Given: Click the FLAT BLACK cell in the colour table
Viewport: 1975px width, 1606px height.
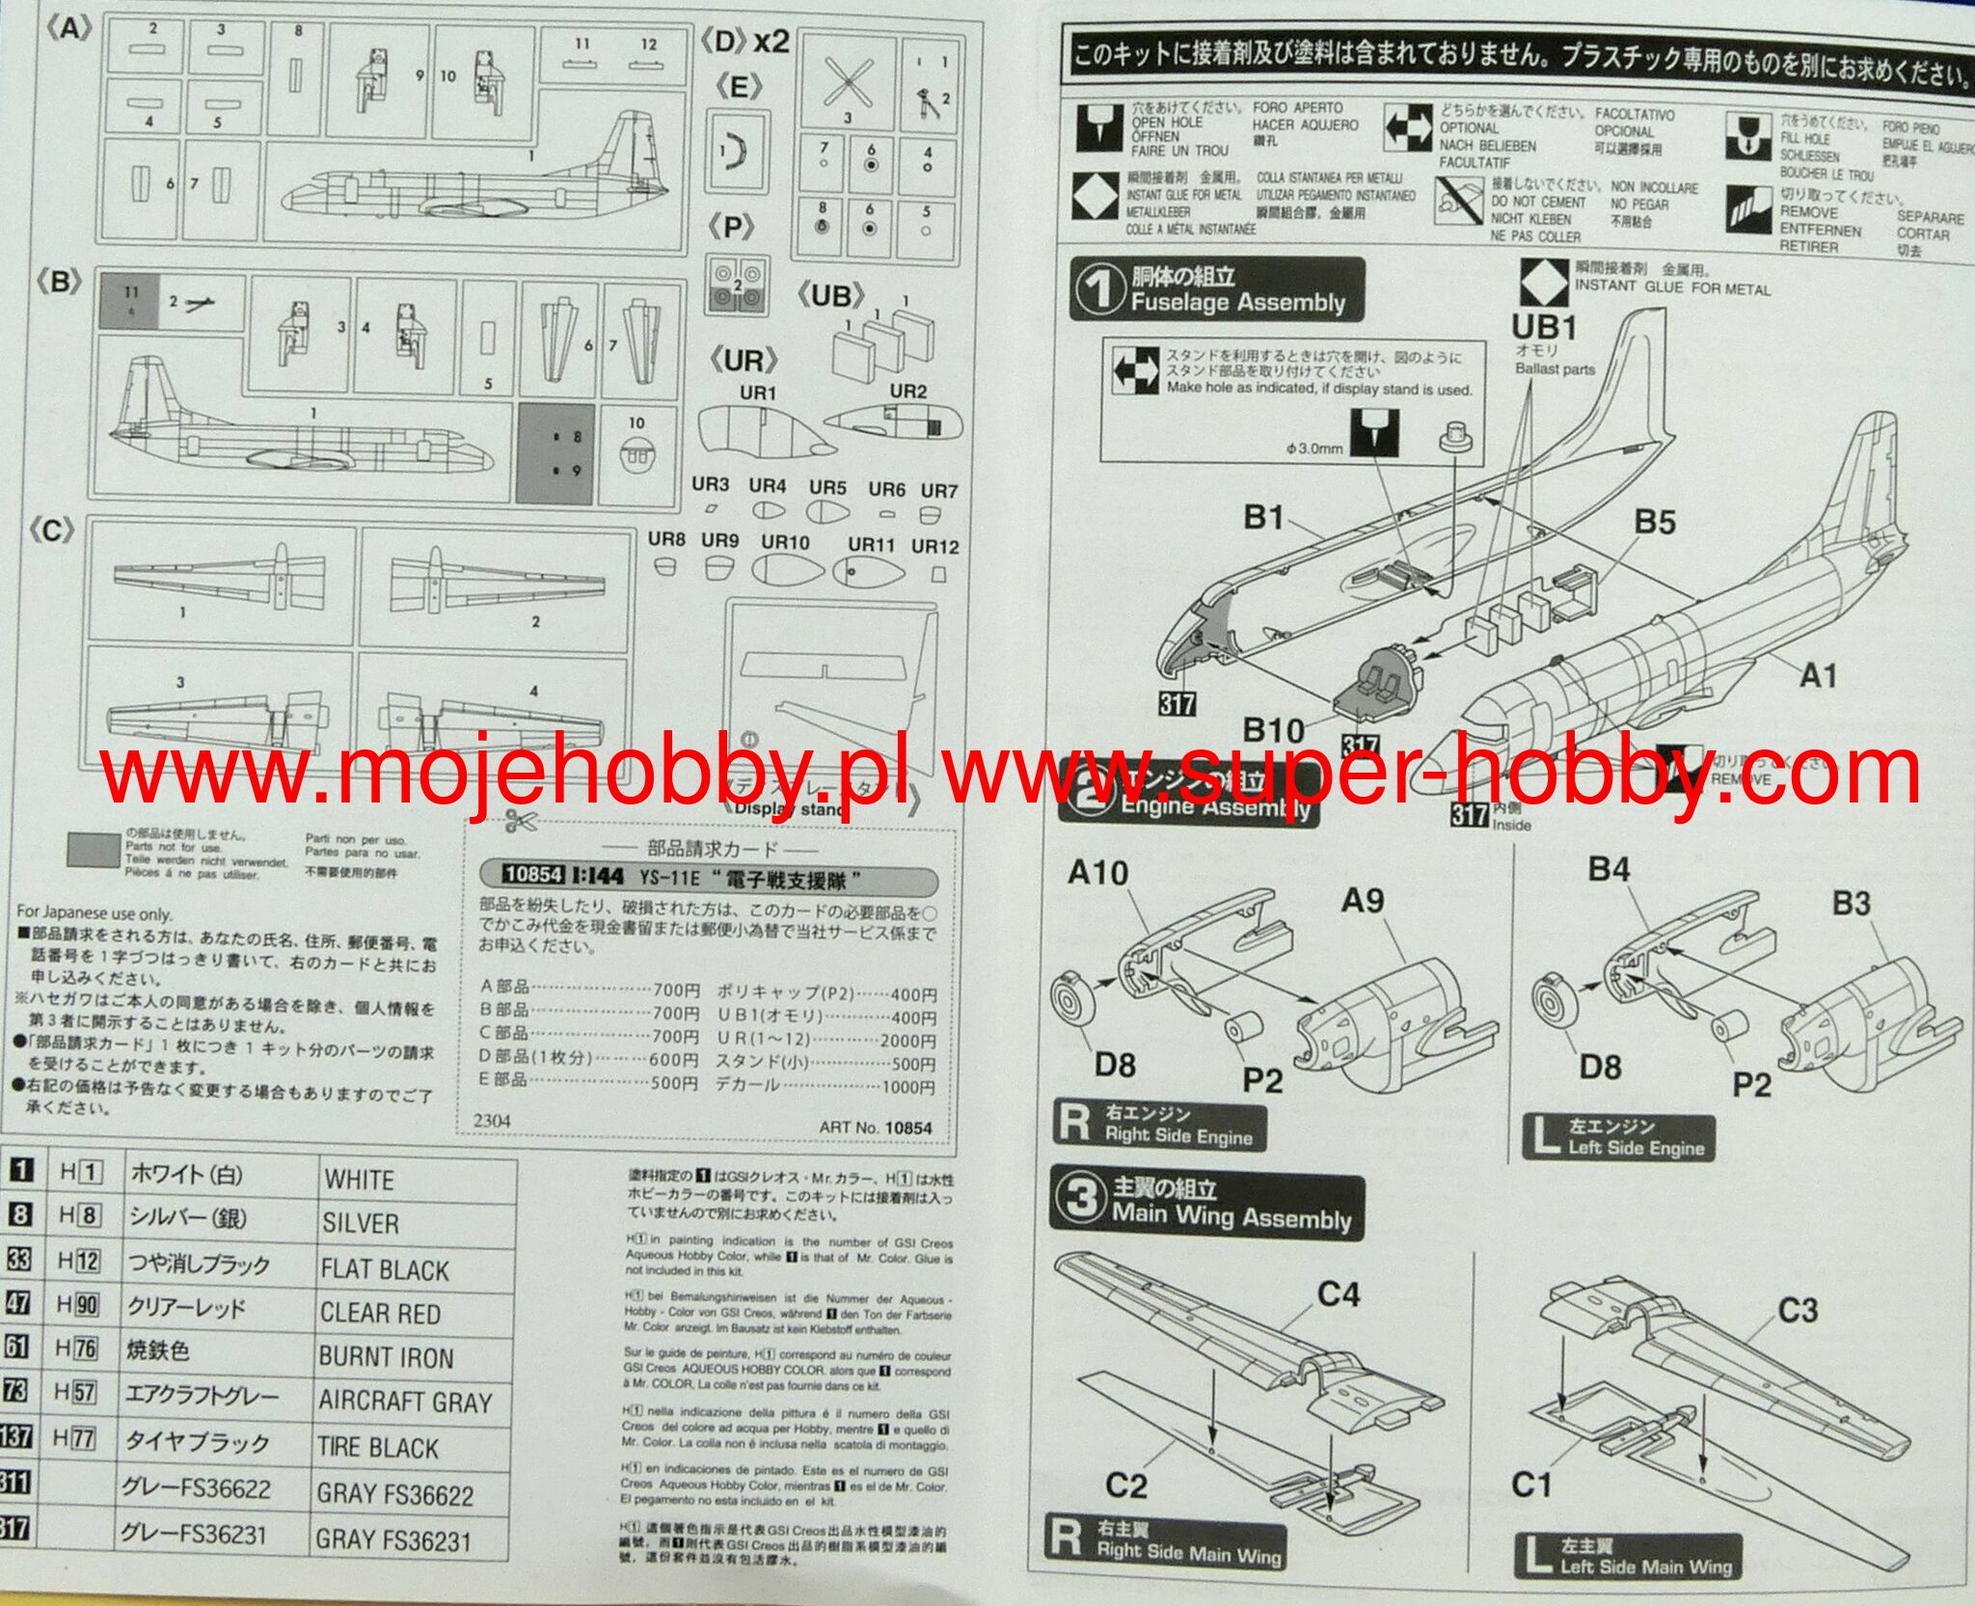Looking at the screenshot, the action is pos(385,1270).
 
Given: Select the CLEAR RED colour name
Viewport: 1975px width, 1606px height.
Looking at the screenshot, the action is pos(380,1314).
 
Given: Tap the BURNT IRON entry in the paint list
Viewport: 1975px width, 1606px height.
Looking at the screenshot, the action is pos(386,1358).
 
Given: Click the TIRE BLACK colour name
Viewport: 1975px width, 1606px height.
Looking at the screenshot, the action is pos(378,1448).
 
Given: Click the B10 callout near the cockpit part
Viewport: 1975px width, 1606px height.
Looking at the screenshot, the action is pos(1273,730).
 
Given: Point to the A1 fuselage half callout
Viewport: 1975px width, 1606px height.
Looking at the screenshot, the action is pos(1818,675).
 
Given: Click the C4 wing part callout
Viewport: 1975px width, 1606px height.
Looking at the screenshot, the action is pos(1339,1293).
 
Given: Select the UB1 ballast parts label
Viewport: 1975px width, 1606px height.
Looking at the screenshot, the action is pos(1544,328).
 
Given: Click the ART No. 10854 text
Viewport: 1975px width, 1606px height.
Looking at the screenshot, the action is pos(876,1127).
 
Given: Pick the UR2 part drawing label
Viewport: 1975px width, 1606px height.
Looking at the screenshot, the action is pos(907,391).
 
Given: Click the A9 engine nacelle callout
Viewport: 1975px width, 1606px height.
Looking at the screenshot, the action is pos(1364,900).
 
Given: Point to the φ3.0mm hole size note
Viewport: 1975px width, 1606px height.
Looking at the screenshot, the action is pos(1313,449).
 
